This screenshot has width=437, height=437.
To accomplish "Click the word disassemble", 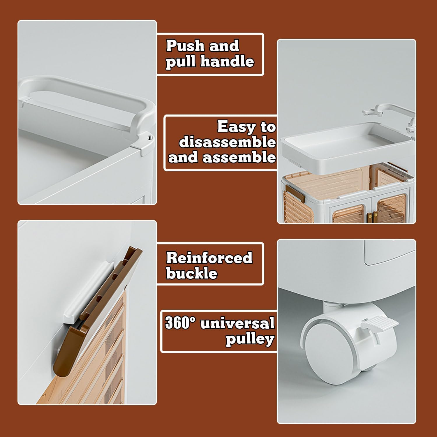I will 227,142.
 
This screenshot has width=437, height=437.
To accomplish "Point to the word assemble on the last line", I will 239,158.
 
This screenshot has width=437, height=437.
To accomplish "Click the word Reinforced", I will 209,258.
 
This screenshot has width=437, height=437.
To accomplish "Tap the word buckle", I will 192,273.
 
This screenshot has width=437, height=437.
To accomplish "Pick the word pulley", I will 250,339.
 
